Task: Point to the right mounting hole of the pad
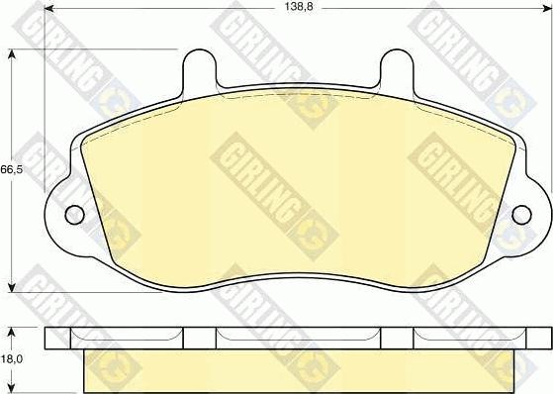point(522,213)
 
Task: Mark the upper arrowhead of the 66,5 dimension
point(12,53)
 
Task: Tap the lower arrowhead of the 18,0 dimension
point(12,389)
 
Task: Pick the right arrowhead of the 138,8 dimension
point(545,8)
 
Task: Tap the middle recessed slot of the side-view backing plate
point(298,336)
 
